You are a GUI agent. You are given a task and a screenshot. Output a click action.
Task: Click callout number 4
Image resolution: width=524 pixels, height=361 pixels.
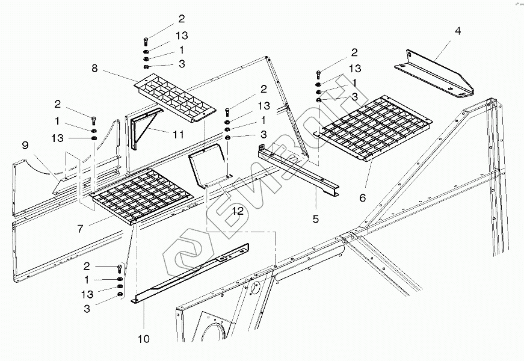coord(458,31)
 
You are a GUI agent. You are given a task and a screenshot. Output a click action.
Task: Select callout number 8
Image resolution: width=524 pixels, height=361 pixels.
coord(94,68)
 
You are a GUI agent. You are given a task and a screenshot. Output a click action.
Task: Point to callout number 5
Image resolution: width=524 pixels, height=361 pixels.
coord(315,218)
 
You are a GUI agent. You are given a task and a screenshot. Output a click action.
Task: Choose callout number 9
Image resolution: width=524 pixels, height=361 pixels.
coord(25,145)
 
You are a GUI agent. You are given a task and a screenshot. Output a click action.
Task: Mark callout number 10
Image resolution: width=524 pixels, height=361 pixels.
coord(143,339)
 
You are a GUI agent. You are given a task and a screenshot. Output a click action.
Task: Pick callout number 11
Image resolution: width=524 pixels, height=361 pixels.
coord(178,135)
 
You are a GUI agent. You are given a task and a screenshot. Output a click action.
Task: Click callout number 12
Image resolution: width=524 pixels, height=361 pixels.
coord(238,211)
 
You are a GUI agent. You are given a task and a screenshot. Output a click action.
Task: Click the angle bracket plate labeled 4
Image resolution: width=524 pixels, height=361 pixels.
coord(434,76)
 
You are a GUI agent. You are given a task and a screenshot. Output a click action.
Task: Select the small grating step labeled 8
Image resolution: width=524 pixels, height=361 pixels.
coord(174,97)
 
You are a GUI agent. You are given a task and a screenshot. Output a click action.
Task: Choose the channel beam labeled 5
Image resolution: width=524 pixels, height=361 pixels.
coord(298,171)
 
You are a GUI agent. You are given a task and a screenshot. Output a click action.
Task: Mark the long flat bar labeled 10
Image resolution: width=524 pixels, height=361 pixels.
coord(193,274)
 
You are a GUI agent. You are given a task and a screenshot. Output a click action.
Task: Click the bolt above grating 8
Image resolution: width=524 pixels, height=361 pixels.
coord(146,42)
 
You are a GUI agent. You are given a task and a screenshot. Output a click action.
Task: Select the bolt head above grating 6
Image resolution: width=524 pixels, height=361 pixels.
coord(318,75)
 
